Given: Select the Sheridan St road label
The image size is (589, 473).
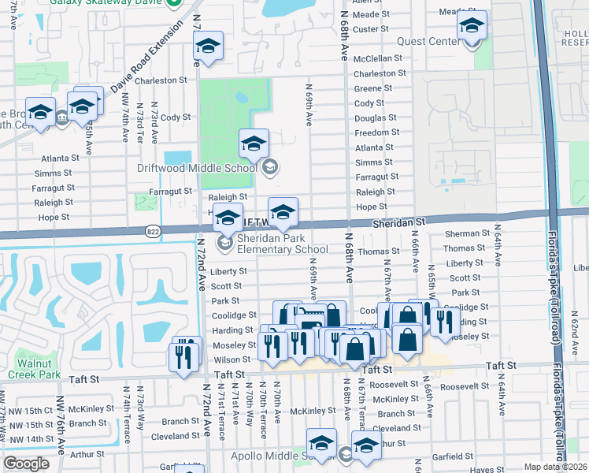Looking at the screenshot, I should pyautogui.click(x=398, y=223).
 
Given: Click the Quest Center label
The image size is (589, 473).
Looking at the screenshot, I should pyautogui.click(x=433, y=41).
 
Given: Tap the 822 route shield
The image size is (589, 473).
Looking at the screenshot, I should pyautogui.click(x=154, y=231).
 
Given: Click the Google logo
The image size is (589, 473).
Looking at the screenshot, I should pyautogui.click(x=26, y=464).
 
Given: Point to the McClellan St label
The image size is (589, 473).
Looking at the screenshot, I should pyautogui.click(x=377, y=58).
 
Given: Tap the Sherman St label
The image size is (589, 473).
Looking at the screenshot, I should pyautogui.click(x=467, y=234).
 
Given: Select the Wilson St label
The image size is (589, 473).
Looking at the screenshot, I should pyautogui.click(x=234, y=359).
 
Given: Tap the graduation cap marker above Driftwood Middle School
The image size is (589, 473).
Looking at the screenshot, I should pyautogui.click(x=254, y=143).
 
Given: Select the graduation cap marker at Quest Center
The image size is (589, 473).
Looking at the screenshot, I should pyautogui.click(x=472, y=26).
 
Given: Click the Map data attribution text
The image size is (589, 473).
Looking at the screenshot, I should pyautogui.click(x=555, y=467).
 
